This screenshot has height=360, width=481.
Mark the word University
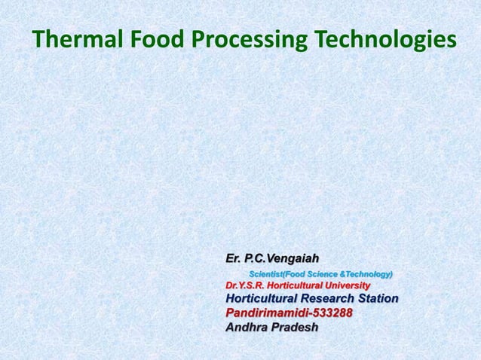point(351,286)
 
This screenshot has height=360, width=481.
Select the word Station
point(380,299)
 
